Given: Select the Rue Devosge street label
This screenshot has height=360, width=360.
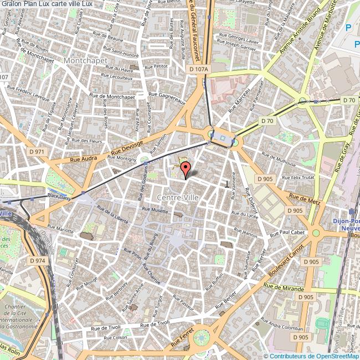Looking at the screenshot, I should tap(127, 147).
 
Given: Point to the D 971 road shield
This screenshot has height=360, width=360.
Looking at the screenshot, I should tap(38, 151).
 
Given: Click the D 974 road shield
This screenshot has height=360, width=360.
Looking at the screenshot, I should tap(37, 260).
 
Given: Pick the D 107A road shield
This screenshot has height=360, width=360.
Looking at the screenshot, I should tap(198, 69).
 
